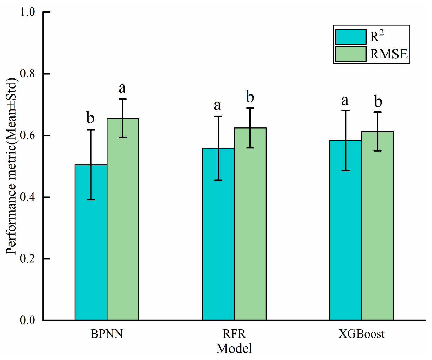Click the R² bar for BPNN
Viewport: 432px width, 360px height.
[x=91, y=242]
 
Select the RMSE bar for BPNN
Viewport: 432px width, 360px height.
[x=123, y=219]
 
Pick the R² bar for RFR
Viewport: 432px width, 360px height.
[x=218, y=234]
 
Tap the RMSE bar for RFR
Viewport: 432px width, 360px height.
[x=250, y=224]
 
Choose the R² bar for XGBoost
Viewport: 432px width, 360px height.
[x=346, y=230]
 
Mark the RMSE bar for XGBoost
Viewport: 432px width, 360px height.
[x=377, y=226]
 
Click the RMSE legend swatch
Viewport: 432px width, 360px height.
[x=351, y=54]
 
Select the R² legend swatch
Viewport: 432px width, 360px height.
[x=351, y=37]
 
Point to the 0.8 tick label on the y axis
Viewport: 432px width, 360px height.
[x=27, y=74]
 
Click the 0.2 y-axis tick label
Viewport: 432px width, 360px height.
[x=27, y=259]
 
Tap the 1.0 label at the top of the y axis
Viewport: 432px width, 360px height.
[x=27, y=12]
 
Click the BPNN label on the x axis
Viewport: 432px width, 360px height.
[x=107, y=334]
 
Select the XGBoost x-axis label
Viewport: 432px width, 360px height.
[x=362, y=334]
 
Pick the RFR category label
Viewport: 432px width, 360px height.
[x=234, y=334]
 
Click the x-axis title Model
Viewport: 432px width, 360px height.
[x=234, y=348]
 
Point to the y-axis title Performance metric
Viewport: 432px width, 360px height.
[x=11, y=166]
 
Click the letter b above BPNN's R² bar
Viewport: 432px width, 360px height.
[x=90, y=117]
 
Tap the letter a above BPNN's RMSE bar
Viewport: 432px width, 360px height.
[x=122, y=89]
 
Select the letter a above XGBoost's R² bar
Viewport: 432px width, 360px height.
[x=345, y=101]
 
